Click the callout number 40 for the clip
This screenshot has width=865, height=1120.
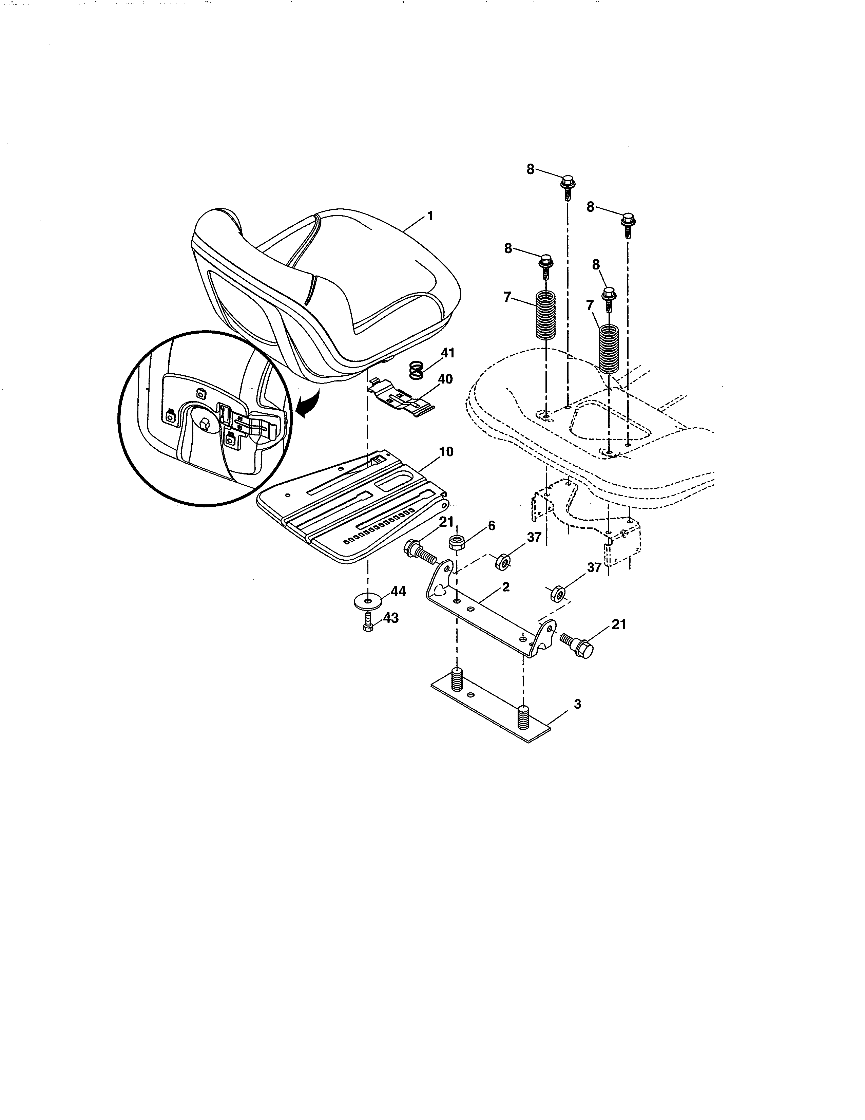pyautogui.click(x=445, y=379)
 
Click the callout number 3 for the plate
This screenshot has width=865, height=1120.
pyautogui.click(x=578, y=705)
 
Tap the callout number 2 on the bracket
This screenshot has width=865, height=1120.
pyautogui.click(x=505, y=587)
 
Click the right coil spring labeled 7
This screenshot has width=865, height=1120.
pyautogui.click(x=609, y=349)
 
